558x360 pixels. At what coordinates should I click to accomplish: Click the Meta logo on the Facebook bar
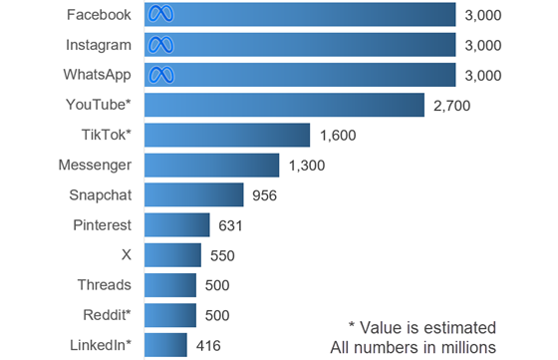(x=160, y=14)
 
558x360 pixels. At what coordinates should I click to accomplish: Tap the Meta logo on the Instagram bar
(x=160, y=45)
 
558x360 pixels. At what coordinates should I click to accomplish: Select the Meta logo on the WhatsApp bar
(x=160, y=75)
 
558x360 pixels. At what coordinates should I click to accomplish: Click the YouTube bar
(x=284, y=105)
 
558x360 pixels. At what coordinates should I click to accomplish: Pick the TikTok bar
(x=227, y=135)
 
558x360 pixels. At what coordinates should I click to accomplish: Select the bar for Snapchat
(x=194, y=194)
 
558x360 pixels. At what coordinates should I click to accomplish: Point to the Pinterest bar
(x=177, y=224)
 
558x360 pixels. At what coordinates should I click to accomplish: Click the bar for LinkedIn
(x=165, y=345)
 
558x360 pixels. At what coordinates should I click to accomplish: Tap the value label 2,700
(x=452, y=106)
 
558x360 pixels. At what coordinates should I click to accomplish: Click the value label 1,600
(x=338, y=136)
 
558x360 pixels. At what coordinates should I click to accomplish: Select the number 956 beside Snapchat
(x=264, y=195)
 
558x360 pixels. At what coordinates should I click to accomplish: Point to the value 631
(x=230, y=225)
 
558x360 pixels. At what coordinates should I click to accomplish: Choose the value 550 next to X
(x=222, y=255)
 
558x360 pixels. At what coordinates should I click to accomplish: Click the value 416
(x=208, y=346)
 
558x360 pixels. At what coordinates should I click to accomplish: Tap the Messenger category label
(x=95, y=166)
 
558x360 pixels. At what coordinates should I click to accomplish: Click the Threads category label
(x=105, y=285)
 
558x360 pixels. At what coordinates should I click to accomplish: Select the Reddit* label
(x=108, y=315)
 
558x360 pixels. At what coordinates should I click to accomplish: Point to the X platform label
(x=127, y=255)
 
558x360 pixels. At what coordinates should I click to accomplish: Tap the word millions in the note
(x=468, y=347)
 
